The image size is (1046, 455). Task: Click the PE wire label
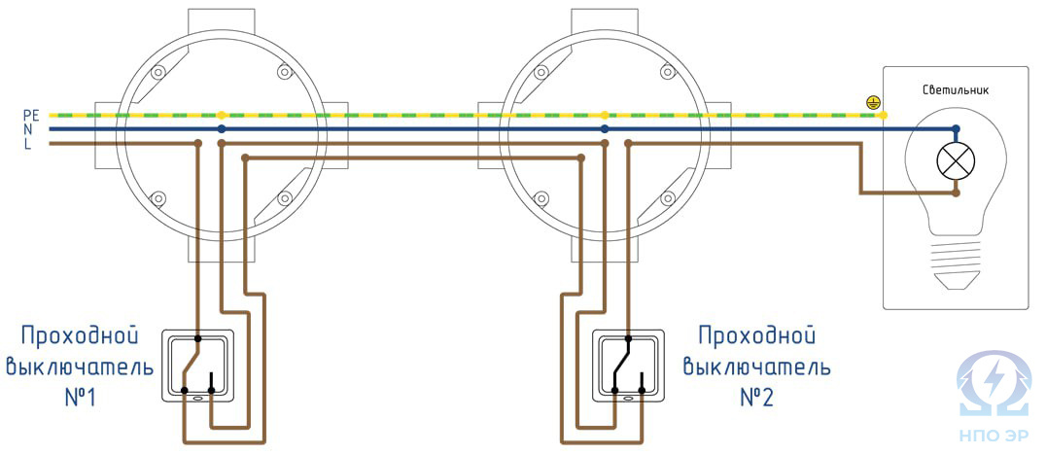[x=30, y=114]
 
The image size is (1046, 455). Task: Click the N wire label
[x=30, y=128]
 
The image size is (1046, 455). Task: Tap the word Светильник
[x=955, y=90]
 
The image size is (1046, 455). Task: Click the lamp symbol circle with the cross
[x=956, y=160]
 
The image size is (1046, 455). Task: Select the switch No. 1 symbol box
[x=197, y=366]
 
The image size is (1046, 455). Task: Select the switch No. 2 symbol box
[x=627, y=366]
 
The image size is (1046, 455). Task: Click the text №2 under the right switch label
[x=756, y=399]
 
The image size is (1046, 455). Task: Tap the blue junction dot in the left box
[x=222, y=128]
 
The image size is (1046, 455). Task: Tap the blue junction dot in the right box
[x=605, y=128]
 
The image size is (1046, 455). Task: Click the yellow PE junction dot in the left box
[x=222, y=114]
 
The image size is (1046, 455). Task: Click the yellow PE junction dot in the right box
[x=605, y=114]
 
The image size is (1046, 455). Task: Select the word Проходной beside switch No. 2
[x=755, y=336]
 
